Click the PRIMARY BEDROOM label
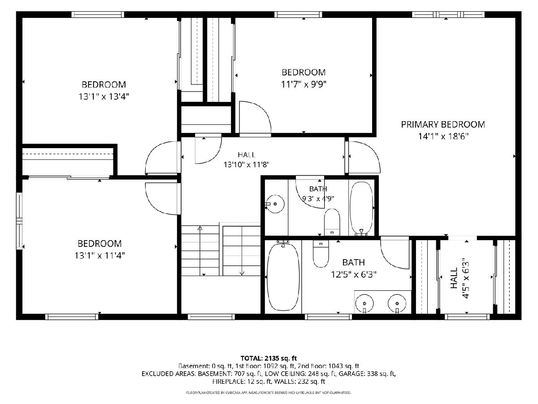(443, 125)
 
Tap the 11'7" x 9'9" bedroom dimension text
(304, 84)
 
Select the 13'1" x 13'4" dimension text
(104, 97)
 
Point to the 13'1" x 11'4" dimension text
(100, 256)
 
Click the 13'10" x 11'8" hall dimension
(246, 165)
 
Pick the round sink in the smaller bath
(275, 204)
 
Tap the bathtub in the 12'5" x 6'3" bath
(283, 275)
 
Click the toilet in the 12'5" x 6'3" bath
(321, 254)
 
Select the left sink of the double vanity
(364, 303)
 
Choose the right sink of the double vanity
(397, 303)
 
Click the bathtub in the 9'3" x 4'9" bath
(361, 208)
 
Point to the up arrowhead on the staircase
(200, 228)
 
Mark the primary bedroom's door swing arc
(373, 152)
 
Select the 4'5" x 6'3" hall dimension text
(466, 278)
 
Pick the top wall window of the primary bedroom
(448, 15)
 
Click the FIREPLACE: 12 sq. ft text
(243, 382)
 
